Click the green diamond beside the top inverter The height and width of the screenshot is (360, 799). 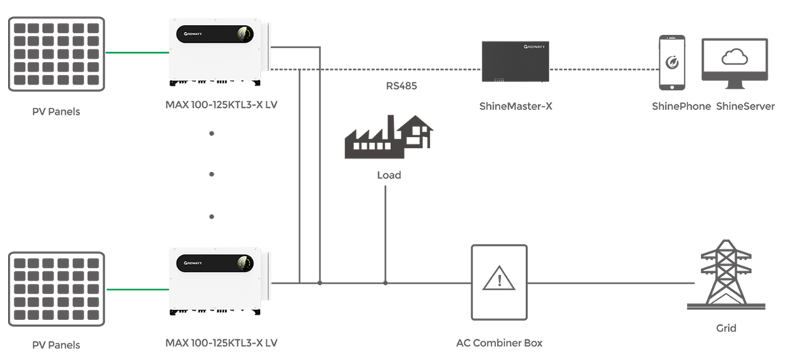pyautogui.click(x=137, y=52)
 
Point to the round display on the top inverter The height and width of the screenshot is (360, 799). pyautogui.click(x=244, y=34)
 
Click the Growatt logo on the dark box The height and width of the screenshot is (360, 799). pyautogui.click(x=535, y=46)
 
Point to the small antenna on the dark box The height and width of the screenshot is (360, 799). pyautogui.click(x=542, y=87)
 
